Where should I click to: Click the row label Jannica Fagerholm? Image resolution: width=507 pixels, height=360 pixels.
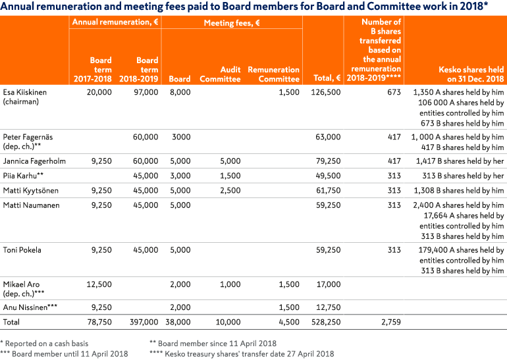[x=34, y=161]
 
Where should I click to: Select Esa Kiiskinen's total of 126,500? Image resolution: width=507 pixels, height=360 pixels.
[x=326, y=92]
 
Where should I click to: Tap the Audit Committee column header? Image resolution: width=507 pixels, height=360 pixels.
[x=220, y=74]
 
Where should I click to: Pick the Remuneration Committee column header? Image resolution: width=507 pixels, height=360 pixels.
[x=273, y=74]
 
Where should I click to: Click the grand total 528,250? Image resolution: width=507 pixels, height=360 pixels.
[x=326, y=322]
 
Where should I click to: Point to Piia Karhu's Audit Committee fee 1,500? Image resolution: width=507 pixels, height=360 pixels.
[x=230, y=176]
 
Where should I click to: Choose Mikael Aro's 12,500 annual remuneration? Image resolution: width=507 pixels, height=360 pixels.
[x=99, y=284]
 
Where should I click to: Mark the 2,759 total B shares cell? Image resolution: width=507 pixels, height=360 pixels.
[x=391, y=322]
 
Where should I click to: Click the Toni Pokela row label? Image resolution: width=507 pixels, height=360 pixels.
[x=22, y=250]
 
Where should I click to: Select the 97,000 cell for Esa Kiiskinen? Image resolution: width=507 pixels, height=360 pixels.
[x=146, y=92]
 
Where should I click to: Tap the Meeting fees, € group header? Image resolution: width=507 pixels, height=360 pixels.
[x=232, y=22]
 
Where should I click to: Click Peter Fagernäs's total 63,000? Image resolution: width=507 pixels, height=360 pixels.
[x=328, y=137]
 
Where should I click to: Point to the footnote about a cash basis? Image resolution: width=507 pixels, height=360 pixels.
[x=44, y=344]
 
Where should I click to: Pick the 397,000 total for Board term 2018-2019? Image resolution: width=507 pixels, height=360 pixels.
[x=144, y=322]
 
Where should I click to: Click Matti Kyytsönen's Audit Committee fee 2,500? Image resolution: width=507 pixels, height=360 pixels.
[x=230, y=190]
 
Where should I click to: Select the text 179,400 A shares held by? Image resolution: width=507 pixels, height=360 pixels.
[x=461, y=250]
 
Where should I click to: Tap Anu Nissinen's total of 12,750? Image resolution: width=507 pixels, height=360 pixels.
[x=328, y=307]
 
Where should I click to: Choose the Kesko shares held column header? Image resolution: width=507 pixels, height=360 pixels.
[x=471, y=74]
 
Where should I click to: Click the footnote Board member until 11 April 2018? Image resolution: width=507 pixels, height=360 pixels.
[x=64, y=354]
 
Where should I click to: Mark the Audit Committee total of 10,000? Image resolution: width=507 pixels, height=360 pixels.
[x=228, y=322]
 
